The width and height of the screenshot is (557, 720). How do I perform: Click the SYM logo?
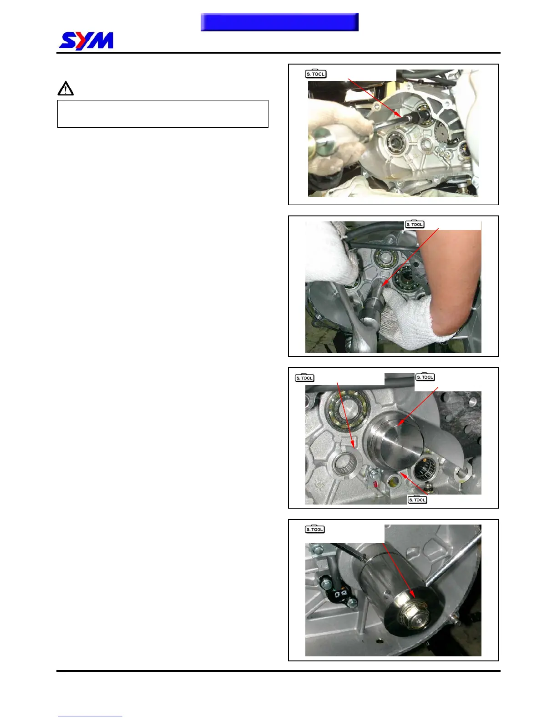click(86, 41)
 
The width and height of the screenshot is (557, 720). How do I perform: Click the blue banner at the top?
click(279, 22)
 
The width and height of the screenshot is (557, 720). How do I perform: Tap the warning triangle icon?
click(66, 89)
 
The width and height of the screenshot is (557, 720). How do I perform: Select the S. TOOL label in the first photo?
click(315, 74)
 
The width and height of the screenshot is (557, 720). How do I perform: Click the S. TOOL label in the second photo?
click(415, 224)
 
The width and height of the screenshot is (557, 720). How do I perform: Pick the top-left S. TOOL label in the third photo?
click(304, 378)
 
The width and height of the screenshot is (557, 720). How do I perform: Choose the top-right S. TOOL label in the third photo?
click(425, 377)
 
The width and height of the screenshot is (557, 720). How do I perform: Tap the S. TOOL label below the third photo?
click(417, 500)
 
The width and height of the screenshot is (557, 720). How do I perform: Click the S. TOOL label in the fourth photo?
click(315, 530)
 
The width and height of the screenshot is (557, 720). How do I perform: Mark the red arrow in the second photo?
click(410, 257)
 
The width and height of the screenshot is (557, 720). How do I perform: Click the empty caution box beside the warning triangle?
click(162, 114)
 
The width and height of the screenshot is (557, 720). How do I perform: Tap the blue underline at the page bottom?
click(90, 716)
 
